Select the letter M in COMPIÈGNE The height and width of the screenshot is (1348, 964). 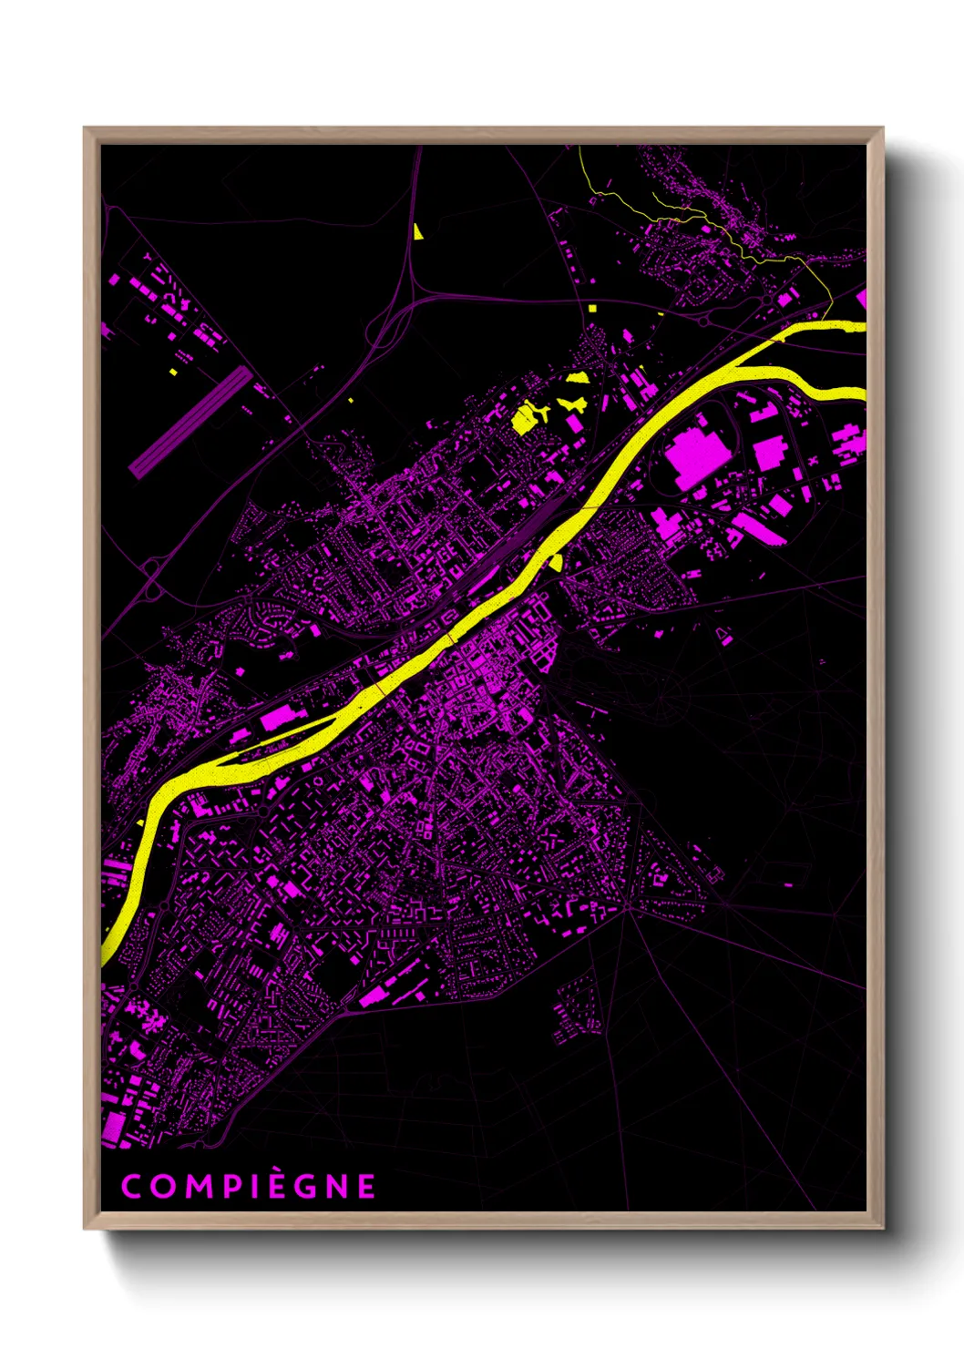(198, 1186)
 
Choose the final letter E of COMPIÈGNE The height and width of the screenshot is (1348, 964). (365, 1186)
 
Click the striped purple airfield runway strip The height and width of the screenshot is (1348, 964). (190, 423)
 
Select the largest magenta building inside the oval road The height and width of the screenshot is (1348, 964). (693, 453)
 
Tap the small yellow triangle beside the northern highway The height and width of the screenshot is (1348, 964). (417, 231)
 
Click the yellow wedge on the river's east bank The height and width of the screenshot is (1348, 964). (555, 562)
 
